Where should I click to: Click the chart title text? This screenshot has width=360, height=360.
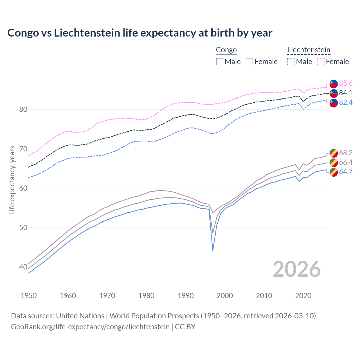coord(140,33)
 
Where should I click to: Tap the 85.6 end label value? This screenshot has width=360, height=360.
coord(346,83)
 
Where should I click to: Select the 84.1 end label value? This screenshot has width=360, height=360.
coord(346,93)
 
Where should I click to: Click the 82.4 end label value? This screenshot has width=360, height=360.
coord(346,102)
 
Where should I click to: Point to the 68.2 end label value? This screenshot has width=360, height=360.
coord(346,153)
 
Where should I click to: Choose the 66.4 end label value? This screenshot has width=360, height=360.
coord(346,162)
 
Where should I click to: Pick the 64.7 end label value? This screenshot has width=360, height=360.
coord(346,172)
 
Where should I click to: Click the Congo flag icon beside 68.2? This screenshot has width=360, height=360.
coord(334,153)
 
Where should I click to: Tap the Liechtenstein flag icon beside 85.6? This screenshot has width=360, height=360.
coord(334,84)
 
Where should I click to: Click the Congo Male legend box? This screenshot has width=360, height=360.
coord(220,62)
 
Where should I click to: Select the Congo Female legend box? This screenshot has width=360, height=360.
coord(249,62)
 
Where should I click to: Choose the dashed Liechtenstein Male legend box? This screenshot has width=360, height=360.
coord(291,62)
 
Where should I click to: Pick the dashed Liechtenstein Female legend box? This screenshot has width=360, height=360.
coord(321,62)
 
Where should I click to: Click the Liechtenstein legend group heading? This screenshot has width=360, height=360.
coord(309,50)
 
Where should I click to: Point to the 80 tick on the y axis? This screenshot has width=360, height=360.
coord(23,109)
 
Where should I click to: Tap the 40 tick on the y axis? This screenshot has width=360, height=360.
coord(23,267)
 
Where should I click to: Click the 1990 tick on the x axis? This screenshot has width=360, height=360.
coord(186,296)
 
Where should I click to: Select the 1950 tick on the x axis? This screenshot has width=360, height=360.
coord(29,296)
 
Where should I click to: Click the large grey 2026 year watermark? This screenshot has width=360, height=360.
coord(297,269)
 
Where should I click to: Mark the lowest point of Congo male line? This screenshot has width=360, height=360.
coord(213,250)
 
